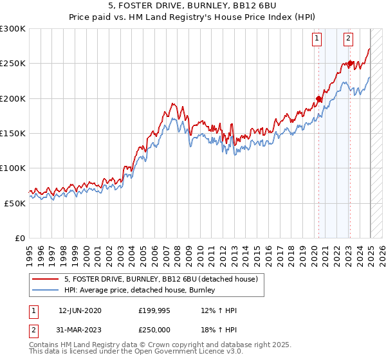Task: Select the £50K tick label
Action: [x=15, y=203]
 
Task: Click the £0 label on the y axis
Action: [x=19, y=238]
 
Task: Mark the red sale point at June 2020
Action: [x=318, y=99]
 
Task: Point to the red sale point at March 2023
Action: [x=350, y=64]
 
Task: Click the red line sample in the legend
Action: [x=45, y=279]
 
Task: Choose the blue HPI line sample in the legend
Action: [x=45, y=291]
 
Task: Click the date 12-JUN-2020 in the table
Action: [x=80, y=310]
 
